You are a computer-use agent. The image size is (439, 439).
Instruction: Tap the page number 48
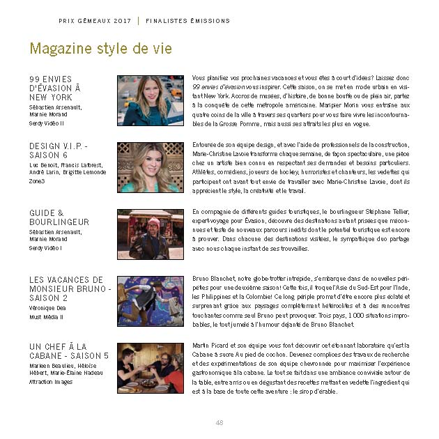pos(219,422)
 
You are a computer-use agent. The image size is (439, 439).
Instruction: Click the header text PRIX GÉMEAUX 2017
pos(95,21)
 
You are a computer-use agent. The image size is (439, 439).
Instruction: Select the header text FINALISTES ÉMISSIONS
pos(187,21)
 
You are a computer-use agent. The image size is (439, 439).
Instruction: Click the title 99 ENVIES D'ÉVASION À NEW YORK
pos(56,88)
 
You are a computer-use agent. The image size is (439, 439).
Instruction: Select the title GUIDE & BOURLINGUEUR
pos(59,217)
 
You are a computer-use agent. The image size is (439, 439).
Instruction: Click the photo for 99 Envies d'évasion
pos(151,100)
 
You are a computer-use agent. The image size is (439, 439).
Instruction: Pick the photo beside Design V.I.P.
pos(151,167)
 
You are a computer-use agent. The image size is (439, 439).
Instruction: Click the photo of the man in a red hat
pos(151,234)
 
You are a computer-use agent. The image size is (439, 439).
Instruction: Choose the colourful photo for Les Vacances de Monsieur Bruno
pos(151,301)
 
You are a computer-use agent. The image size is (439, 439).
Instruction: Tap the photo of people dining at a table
pos(151,368)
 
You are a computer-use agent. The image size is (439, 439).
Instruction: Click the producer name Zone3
pos(37,181)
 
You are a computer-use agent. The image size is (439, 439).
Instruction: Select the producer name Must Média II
pos(46,317)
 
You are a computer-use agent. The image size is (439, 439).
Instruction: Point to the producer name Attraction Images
pos(51,382)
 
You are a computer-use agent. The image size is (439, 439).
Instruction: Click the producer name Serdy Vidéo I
pos(45,248)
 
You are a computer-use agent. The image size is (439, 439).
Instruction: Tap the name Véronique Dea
pos(47,307)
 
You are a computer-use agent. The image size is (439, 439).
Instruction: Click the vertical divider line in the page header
pos(138,21)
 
